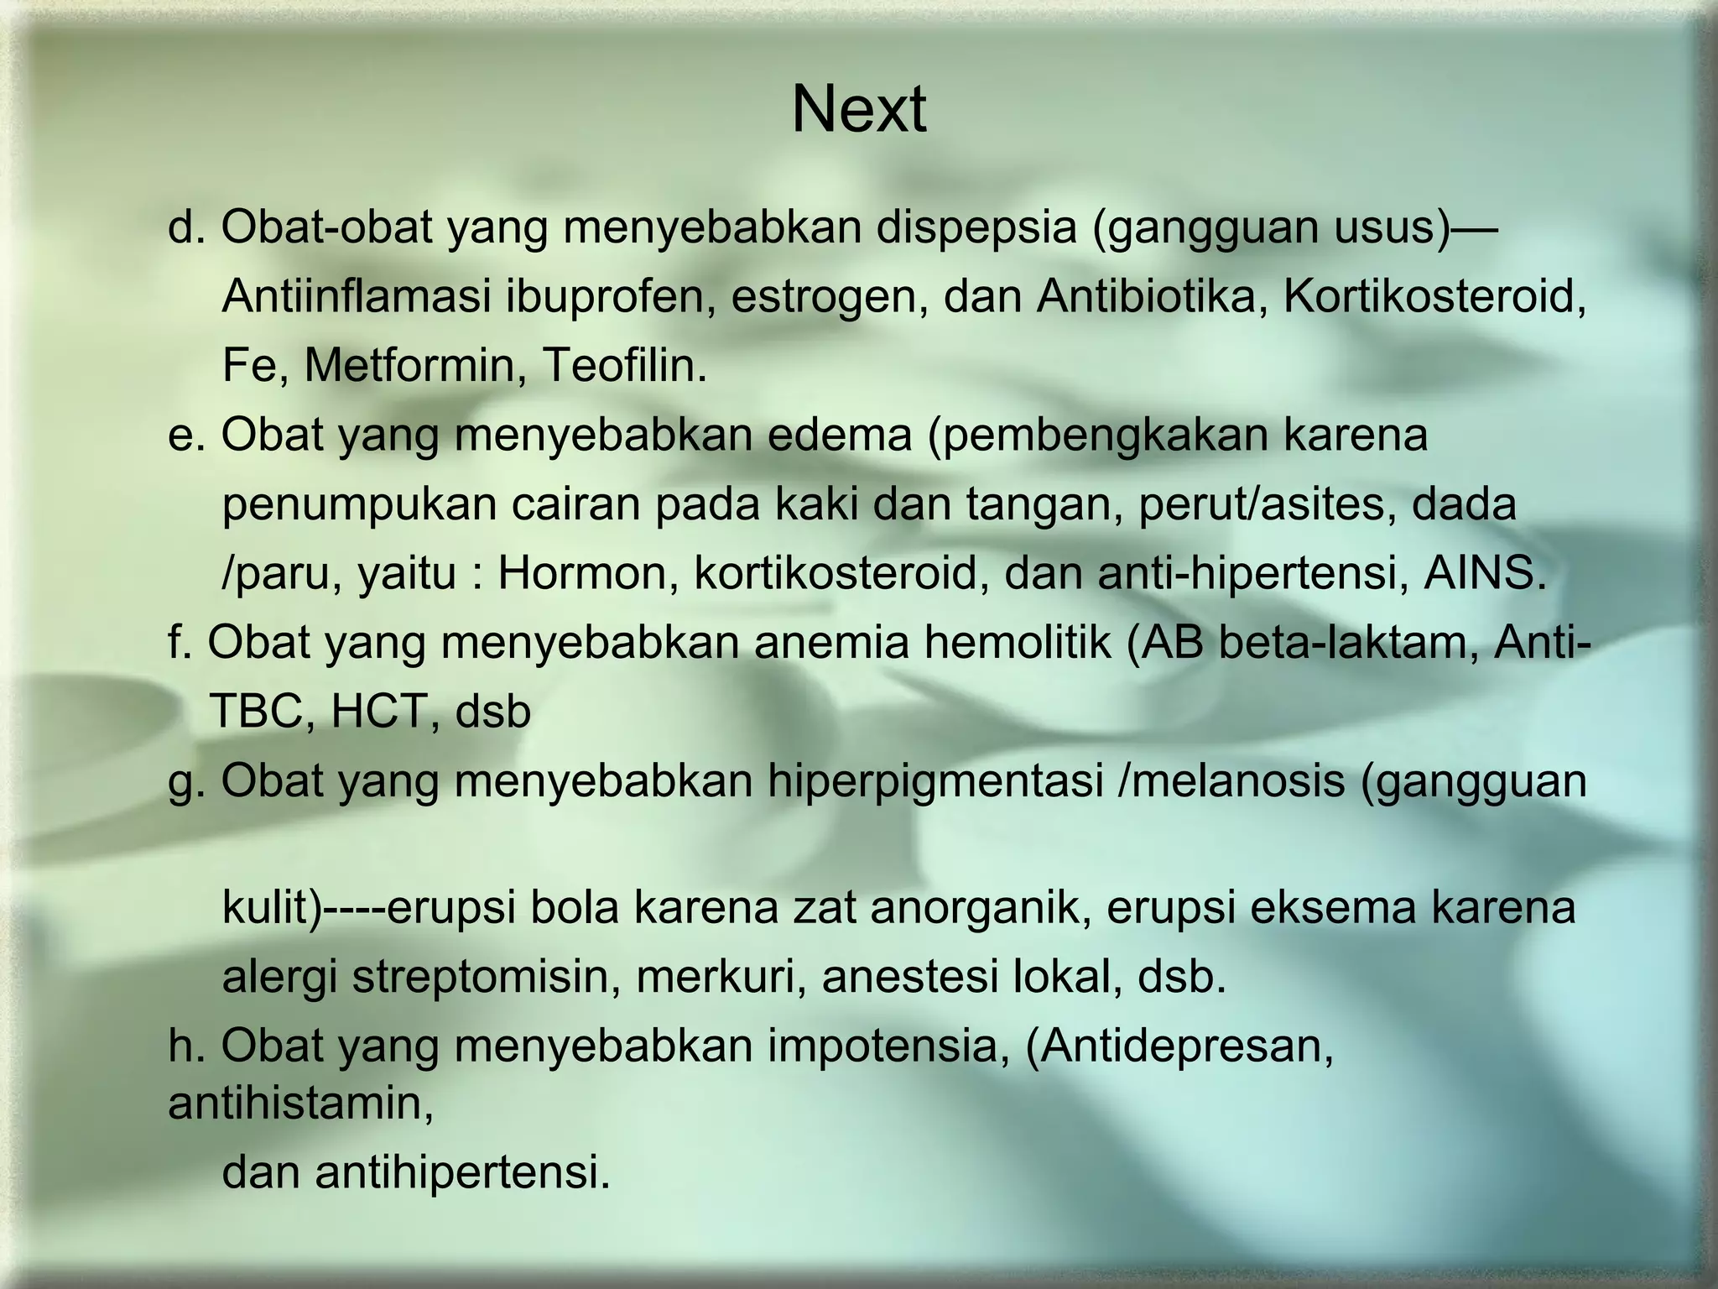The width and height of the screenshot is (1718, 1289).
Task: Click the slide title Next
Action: (x=858, y=110)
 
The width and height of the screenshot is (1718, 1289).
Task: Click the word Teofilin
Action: (x=624, y=365)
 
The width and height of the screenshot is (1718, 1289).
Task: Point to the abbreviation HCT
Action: (x=379, y=712)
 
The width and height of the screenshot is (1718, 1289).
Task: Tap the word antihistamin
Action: (x=300, y=1103)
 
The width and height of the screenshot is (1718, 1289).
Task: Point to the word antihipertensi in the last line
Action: (x=462, y=1172)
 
